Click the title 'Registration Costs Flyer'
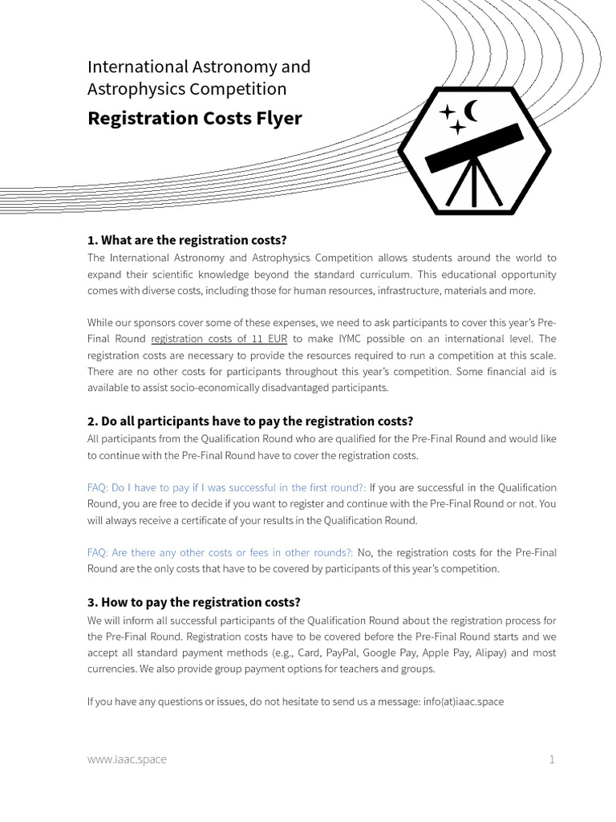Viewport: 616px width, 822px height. tap(194, 118)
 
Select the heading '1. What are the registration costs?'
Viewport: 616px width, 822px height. tap(186, 241)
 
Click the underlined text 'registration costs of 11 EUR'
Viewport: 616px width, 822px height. tap(218, 339)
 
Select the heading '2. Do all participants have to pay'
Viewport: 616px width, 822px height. tap(249, 421)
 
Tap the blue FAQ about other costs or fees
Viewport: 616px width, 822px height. tap(220, 552)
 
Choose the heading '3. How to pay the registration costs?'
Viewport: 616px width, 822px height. tap(193, 602)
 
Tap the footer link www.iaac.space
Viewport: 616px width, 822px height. tap(127, 759)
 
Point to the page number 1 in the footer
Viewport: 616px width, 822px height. tap(552, 759)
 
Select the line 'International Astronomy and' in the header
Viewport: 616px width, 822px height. tap(198, 67)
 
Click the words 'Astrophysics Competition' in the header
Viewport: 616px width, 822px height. tap(186, 88)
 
